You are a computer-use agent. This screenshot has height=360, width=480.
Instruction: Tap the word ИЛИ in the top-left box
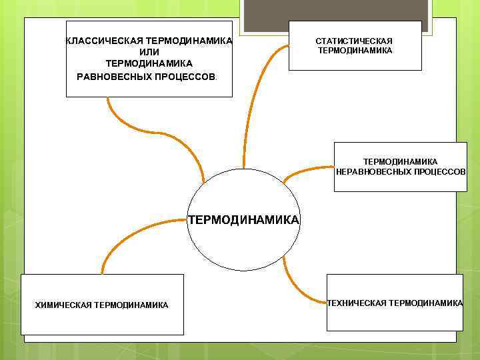pos(149,52)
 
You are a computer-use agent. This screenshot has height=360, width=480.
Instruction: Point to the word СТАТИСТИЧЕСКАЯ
pos(354,41)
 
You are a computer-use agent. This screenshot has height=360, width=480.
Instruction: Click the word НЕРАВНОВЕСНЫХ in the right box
pos(369,171)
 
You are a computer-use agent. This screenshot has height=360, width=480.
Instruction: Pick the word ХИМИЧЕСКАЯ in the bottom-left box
pos(63,305)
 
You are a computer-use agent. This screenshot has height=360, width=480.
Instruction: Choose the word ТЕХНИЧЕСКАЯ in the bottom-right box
pos(357,303)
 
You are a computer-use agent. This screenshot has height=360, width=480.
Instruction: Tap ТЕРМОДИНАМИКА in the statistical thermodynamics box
pos(355,51)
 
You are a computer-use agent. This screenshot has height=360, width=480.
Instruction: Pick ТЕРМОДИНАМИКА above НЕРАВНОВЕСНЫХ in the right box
pos(400,161)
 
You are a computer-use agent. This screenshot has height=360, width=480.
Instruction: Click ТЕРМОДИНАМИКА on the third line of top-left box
pos(149,63)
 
